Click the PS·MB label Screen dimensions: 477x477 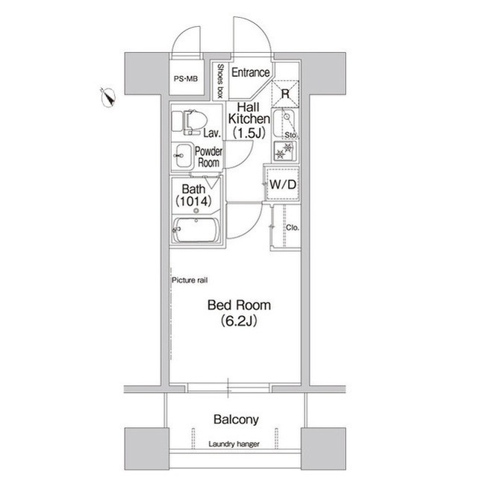tap(186, 78)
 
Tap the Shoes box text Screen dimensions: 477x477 tap(220, 81)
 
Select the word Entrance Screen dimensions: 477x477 tap(250, 72)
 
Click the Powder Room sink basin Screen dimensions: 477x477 tap(181, 157)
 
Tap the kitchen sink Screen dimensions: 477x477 tap(284, 121)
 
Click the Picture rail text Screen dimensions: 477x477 tap(190, 279)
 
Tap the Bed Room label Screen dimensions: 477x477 tap(239, 306)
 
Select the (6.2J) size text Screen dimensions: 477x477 tap(239, 322)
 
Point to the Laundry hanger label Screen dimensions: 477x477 tap(234, 445)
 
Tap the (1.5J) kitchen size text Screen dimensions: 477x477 tap(247, 133)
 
